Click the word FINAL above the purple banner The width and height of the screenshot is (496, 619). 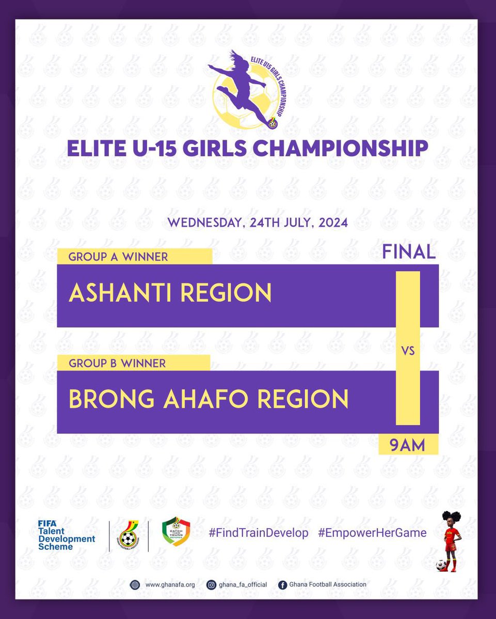[x=409, y=252]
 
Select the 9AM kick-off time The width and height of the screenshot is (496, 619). [x=408, y=445]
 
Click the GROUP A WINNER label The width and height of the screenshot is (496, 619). [x=118, y=257]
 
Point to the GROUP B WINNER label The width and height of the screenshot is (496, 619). [x=117, y=363]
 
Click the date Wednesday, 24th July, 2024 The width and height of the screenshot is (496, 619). [x=257, y=224]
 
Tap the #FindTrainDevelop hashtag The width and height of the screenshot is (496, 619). [x=258, y=533]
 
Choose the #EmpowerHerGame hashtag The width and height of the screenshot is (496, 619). [x=372, y=533]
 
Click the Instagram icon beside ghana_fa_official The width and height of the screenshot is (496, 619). [x=212, y=584]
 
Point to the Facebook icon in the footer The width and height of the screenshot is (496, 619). [x=282, y=585]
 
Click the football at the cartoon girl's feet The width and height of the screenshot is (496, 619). [x=441, y=565]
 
